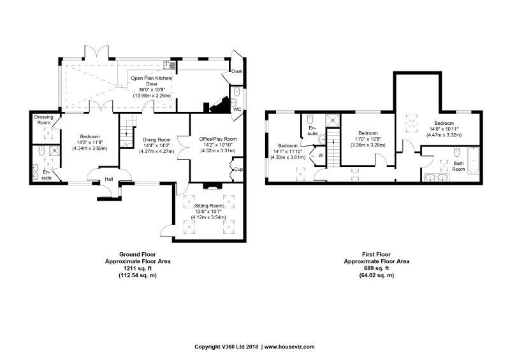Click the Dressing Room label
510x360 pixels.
(x=43, y=120)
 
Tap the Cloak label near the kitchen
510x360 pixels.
(x=237, y=71)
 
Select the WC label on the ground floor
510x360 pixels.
(x=237, y=109)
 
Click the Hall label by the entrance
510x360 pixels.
(x=108, y=179)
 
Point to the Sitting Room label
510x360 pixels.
(x=208, y=206)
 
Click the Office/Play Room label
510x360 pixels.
(x=218, y=139)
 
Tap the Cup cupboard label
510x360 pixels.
(x=238, y=169)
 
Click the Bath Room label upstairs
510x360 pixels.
(x=458, y=166)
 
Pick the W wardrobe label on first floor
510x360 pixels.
(x=321, y=155)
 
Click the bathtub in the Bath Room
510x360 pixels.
(x=474, y=161)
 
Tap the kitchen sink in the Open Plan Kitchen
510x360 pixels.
(x=167, y=65)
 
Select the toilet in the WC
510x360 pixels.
(x=237, y=91)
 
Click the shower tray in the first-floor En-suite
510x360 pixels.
(x=333, y=119)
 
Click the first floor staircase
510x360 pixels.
(x=333, y=148)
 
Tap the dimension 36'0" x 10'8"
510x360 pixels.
(x=152, y=90)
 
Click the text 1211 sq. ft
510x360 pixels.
(x=138, y=268)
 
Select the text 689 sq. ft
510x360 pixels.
(x=377, y=268)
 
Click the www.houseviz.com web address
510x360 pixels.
(x=289, y=347)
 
